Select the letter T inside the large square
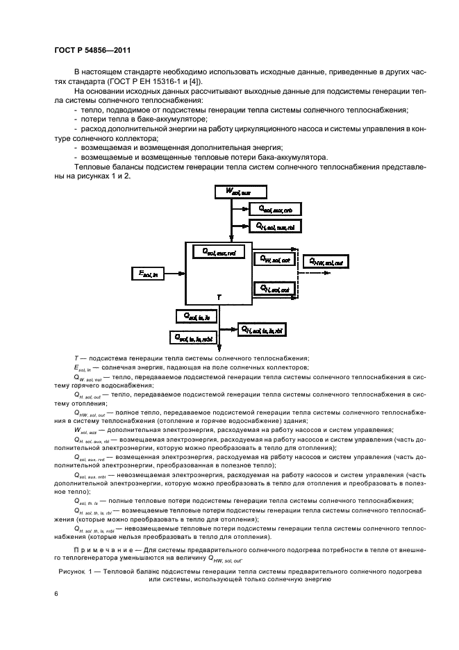coord(219,297)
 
